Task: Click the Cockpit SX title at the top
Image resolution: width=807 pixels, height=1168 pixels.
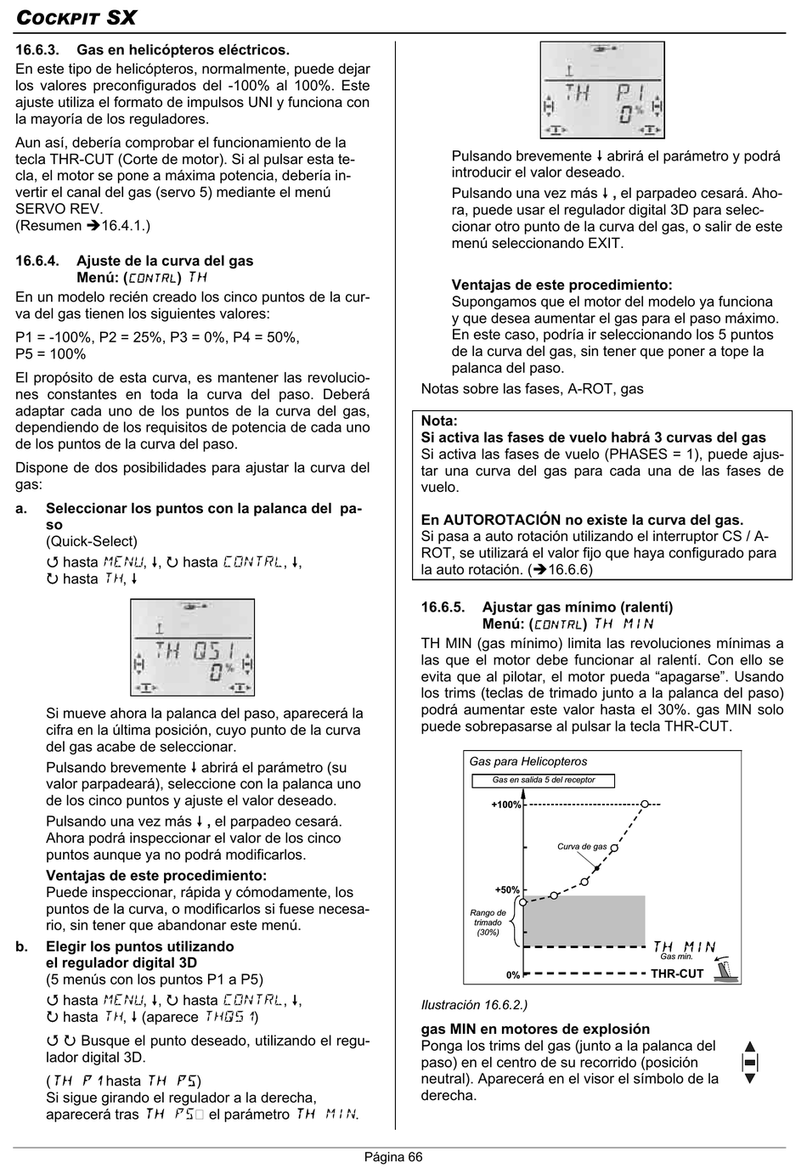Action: click(76, 18)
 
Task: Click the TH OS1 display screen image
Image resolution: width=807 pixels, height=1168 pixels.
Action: click(192, 647)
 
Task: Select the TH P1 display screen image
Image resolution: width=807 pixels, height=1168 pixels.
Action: click(602, 90)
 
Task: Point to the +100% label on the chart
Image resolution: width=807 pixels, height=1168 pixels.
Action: click(505, 804)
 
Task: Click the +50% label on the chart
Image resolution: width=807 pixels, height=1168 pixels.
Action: click(507, 889)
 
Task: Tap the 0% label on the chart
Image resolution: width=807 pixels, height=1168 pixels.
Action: click(512, 974)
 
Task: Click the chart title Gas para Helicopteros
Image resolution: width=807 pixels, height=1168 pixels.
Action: click(528, 762)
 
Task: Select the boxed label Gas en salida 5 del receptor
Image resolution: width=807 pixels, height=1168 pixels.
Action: click(544, 780)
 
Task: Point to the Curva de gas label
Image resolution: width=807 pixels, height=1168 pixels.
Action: click(582, 846)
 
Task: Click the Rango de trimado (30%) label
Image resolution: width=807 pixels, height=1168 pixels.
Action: click(488, 923)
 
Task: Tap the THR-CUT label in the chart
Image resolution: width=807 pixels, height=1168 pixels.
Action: click(677, 974)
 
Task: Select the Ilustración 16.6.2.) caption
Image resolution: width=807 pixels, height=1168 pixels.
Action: click(474, 1005)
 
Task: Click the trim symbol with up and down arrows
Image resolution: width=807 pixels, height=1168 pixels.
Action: click(749, 1062)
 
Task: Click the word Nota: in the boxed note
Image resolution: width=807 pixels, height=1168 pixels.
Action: click(439, 420)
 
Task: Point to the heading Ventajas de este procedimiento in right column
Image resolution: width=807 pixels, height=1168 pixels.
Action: click(562, 285)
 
